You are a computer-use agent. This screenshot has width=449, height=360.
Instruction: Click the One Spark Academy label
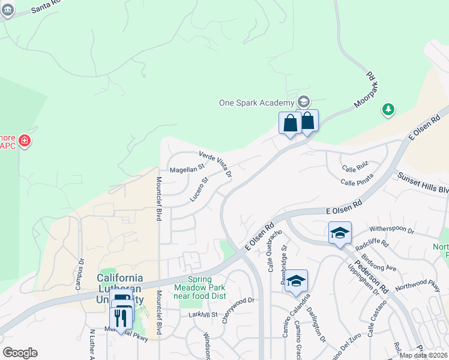coord(256,103)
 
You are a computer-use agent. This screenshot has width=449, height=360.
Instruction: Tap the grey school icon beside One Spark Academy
coord(303,102)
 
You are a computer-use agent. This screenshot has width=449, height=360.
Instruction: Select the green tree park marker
coord(388,109)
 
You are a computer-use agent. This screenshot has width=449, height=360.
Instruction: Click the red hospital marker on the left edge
coord(25,141)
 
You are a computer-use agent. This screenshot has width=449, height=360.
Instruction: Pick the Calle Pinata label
coord(357,179)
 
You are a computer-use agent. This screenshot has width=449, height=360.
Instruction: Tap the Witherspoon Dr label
coord(391,230)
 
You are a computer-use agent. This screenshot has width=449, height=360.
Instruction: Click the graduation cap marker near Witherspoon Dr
coord(340,233)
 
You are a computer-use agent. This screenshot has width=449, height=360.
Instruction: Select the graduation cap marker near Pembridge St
coord(296,281)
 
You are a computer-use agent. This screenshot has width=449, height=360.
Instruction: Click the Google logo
coord(20,353)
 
